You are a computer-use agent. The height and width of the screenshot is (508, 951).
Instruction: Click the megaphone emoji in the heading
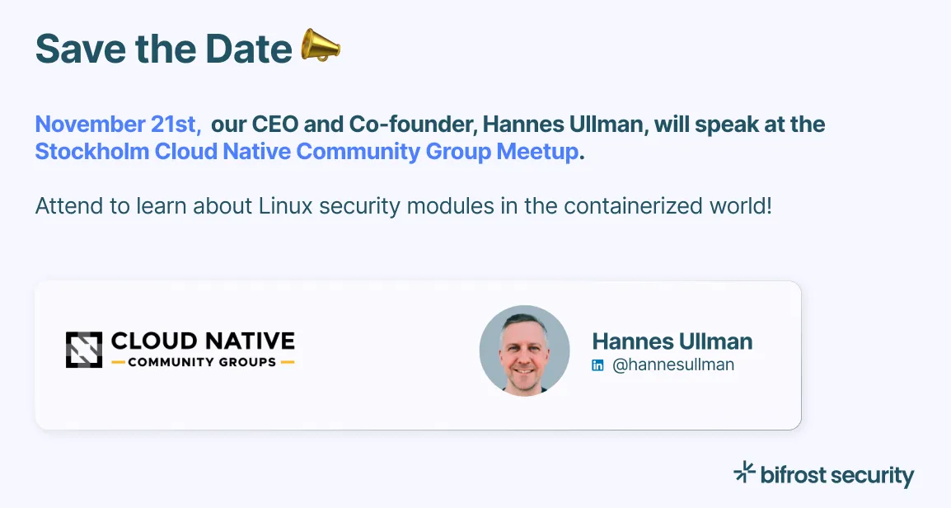click(320, 46)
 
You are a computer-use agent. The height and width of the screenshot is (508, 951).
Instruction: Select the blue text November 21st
click(118, 125)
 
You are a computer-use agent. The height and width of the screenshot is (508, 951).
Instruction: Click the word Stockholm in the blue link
click(91, 153)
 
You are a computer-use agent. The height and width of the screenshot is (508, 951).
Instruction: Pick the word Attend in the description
click(60, 205)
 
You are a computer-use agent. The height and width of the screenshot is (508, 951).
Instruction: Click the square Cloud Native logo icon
click(84, 350)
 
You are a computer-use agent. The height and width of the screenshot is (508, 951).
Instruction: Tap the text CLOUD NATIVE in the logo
click(203, 341)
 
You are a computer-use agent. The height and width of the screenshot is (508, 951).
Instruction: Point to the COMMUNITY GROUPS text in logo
click(202, 362)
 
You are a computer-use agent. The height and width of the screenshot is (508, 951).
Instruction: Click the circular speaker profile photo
click(524, 350)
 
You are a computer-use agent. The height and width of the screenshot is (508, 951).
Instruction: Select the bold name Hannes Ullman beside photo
click(672, 341)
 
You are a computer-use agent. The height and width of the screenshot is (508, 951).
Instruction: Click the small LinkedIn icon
click(598, 365)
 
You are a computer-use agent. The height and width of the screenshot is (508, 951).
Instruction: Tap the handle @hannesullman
click(672, 365)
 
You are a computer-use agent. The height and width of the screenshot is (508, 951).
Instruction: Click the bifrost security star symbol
click(744, 472)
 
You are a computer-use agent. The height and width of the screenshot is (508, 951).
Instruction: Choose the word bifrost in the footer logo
click(793, 475)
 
